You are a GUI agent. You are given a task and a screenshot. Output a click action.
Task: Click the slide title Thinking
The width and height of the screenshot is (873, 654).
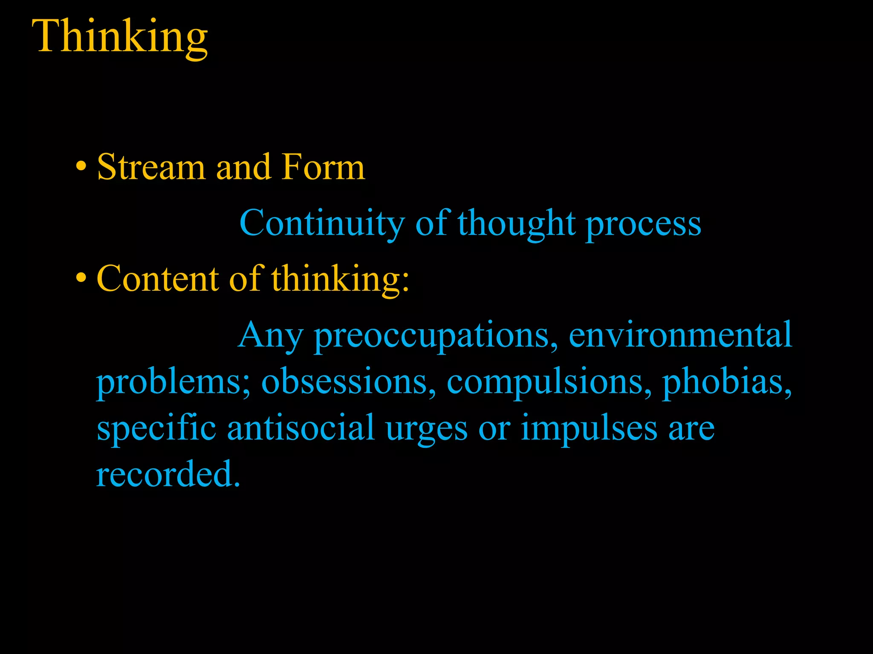[120, 37]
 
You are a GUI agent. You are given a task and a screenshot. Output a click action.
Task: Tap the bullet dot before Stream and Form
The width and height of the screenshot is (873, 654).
[81, 167]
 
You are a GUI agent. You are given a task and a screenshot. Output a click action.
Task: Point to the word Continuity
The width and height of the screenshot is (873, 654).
[322, 224]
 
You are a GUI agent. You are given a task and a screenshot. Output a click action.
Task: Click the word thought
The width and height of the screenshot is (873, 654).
[517, 224]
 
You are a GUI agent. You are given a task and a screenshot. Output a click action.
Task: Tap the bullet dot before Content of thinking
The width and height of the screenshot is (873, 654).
[81, 279]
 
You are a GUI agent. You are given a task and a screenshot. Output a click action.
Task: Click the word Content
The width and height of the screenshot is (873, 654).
[158, 279]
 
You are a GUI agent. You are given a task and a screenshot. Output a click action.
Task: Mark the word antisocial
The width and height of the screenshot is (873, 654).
[301, 428]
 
